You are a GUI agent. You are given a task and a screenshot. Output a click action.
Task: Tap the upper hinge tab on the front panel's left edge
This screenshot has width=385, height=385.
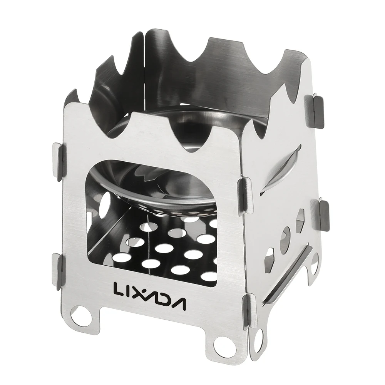[57, 162]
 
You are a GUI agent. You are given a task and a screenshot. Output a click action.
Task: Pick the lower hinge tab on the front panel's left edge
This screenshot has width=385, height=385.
[57, 271]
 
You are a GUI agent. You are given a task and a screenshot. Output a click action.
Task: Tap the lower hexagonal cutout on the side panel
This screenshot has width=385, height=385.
[269, 260]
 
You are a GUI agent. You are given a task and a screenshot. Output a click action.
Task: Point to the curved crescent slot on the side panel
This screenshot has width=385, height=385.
[283, 169]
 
